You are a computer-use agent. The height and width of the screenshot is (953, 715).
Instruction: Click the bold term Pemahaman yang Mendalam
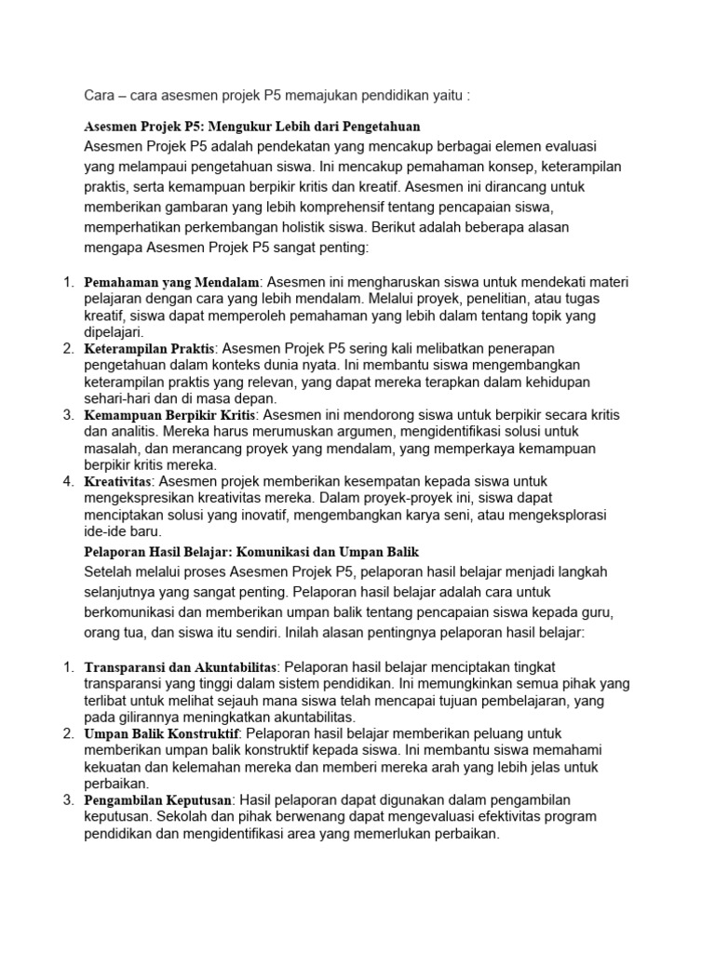click(171, 281)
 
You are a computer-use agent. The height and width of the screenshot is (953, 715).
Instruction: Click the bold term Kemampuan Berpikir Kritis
click(169, 415)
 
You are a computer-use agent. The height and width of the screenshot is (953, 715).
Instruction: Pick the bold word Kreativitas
click(118, 482)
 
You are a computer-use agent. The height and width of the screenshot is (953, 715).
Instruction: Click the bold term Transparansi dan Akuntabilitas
click(181, 667)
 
